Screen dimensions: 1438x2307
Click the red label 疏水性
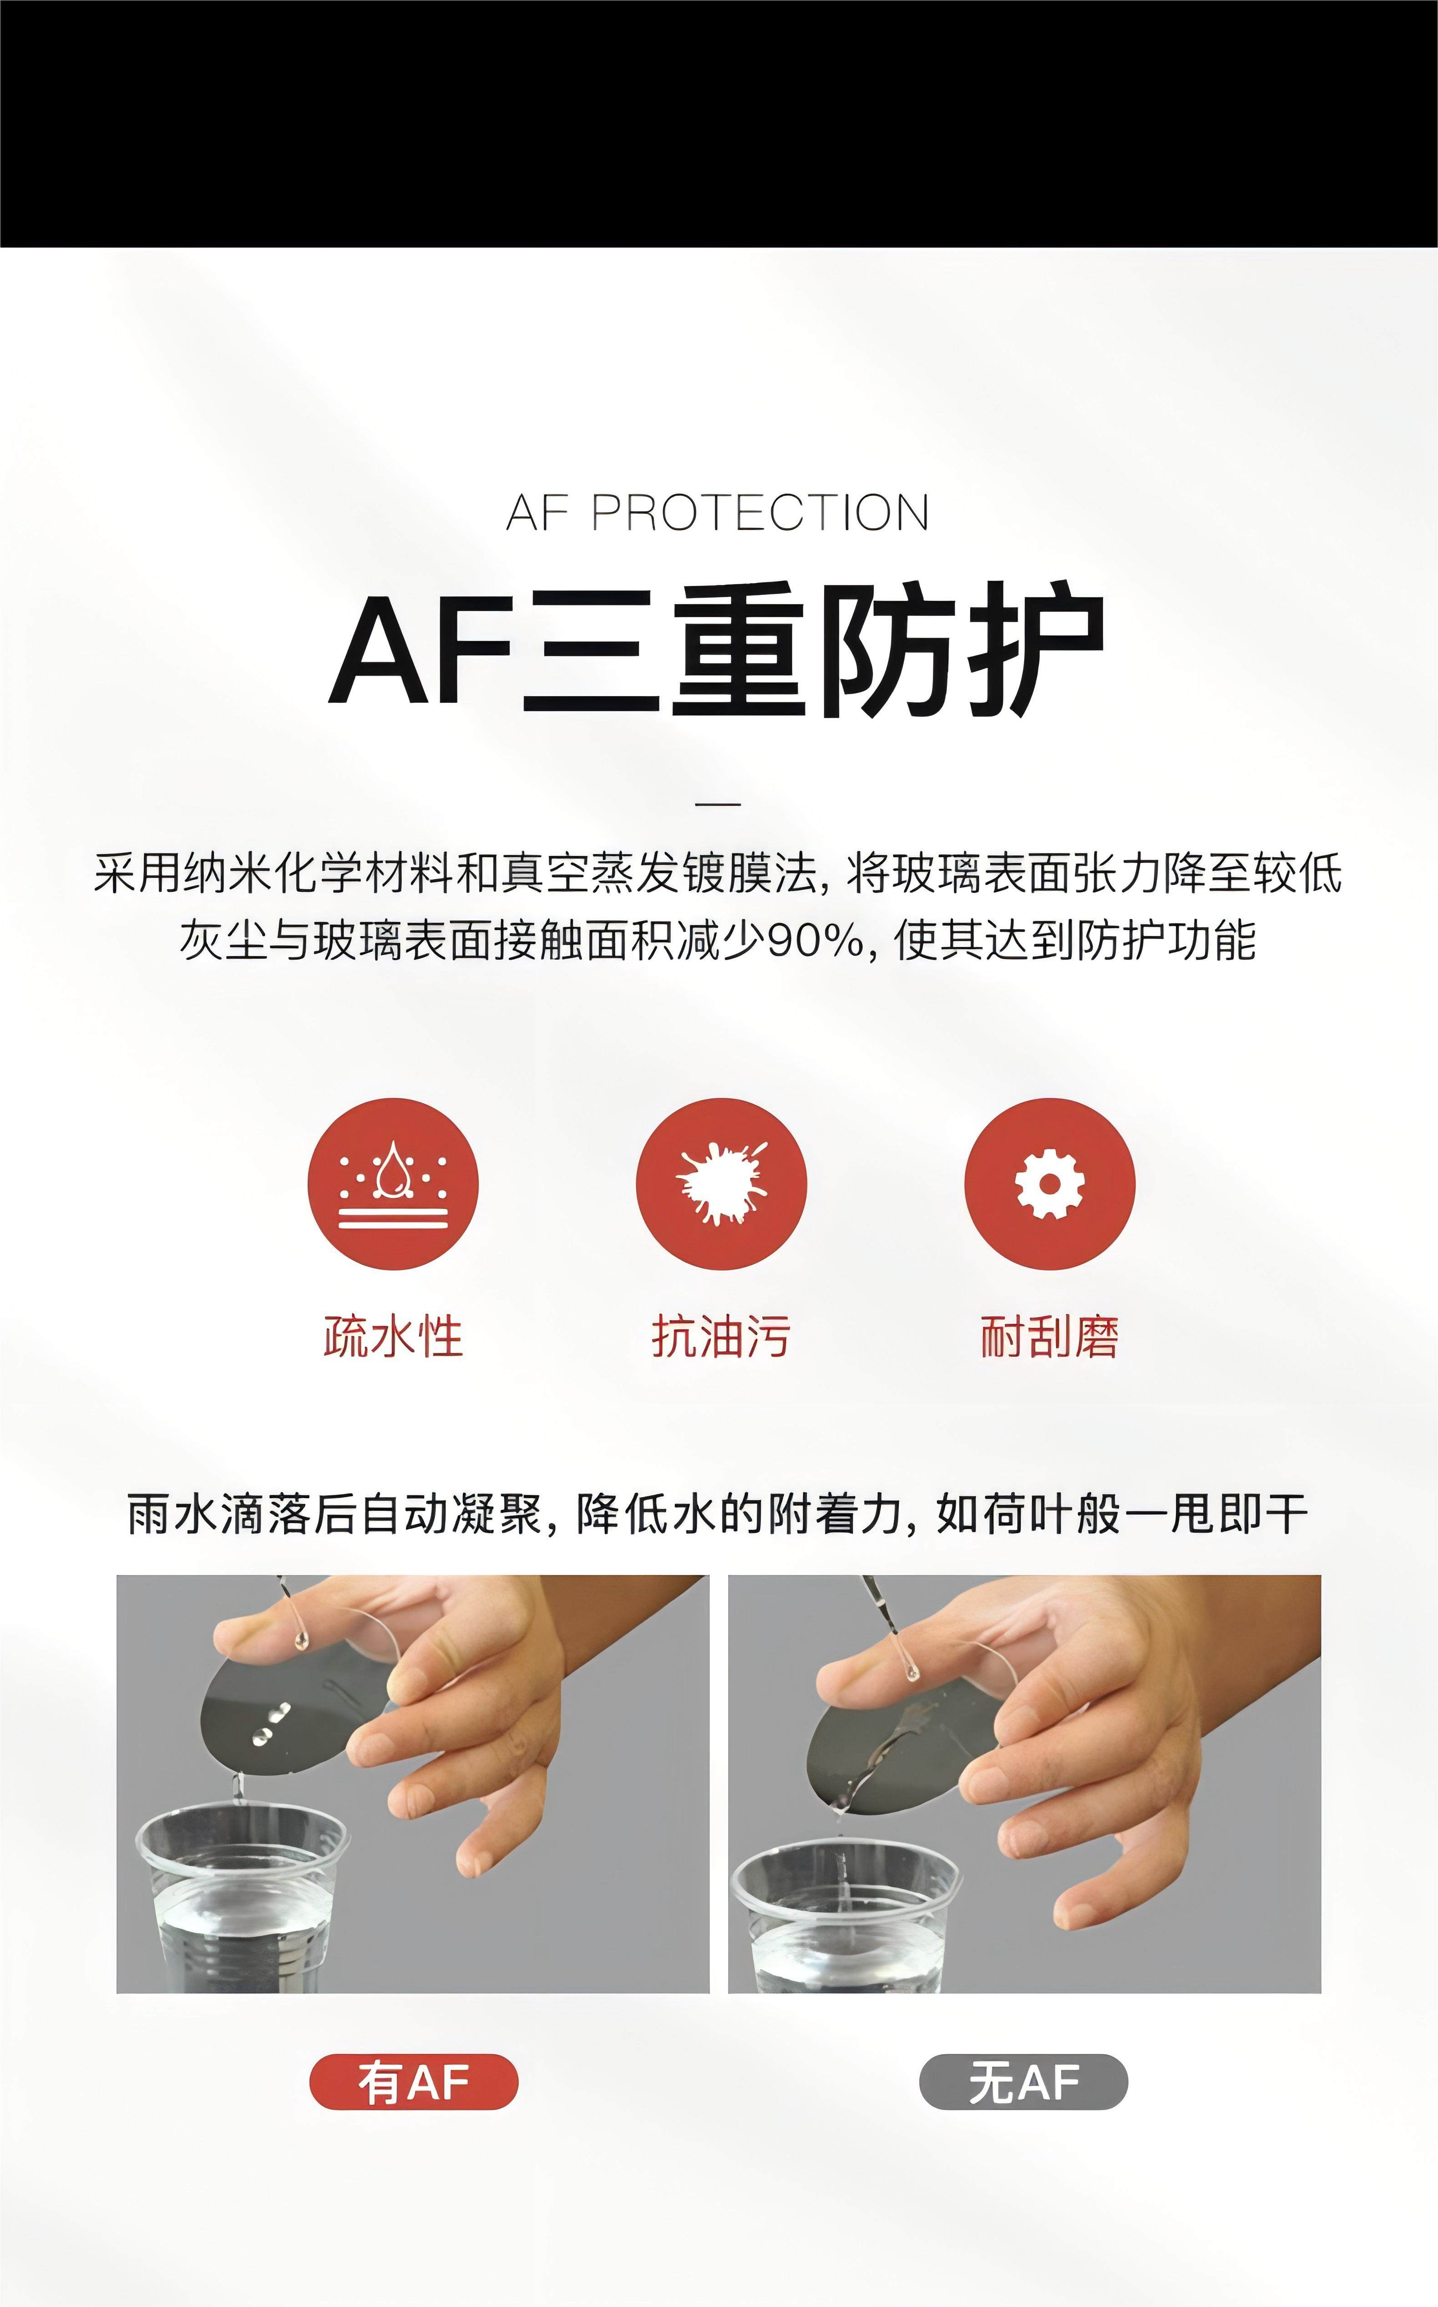pyautogui.click(x=393, y=1336)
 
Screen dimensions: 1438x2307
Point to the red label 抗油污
pyautogui.click(x=721, y=1336)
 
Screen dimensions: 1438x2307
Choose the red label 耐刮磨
pyautogui.click(x=1050, y=1336)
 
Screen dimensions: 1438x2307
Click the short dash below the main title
pyautogui.click(x=718, y=804)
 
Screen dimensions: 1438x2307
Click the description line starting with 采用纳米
pyautogui.click(x=718, y=874)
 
